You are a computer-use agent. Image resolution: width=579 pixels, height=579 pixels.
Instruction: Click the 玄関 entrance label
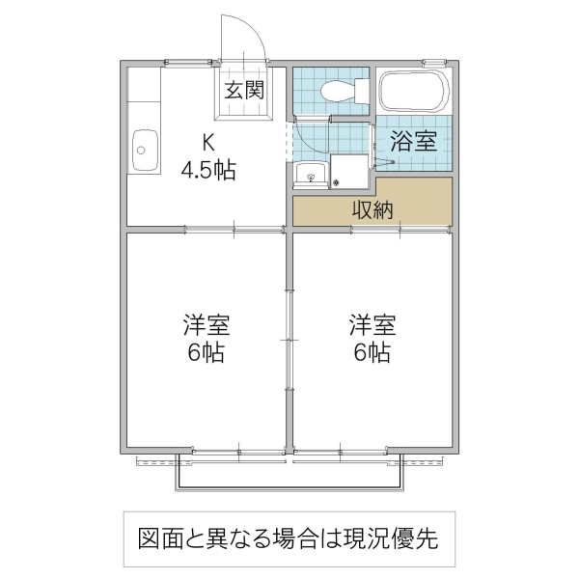click(x=245, y=92)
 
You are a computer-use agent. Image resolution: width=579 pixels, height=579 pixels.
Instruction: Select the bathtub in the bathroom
click(x=413, y=91)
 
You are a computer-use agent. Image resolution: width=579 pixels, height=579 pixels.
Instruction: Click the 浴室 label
click(x=413, y=141)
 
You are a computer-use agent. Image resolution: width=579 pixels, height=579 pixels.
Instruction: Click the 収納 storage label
click(x=372, y=209)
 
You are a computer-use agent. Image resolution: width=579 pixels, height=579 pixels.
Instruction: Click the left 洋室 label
click(x=207, y=323)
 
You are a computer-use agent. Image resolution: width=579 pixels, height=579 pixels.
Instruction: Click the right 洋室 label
click(x=372, y=323)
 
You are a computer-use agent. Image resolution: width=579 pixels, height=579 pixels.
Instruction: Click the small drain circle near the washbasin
click(x=337, y=181)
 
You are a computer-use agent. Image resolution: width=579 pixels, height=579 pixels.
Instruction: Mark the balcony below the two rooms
click(x=289, y=474)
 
